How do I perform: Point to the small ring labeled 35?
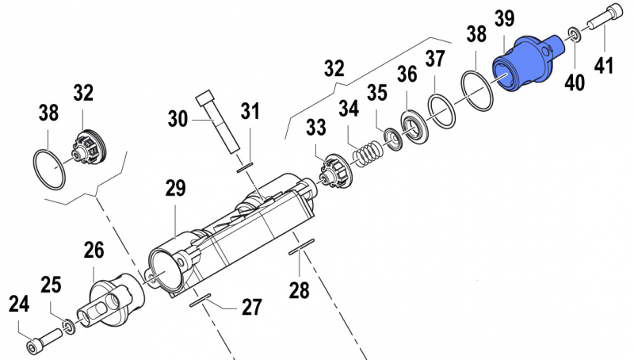[x=391, y=138]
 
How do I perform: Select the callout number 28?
[x=299, y=290]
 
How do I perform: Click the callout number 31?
[x=250, y=113]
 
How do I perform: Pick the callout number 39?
[x=505, y=18]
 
